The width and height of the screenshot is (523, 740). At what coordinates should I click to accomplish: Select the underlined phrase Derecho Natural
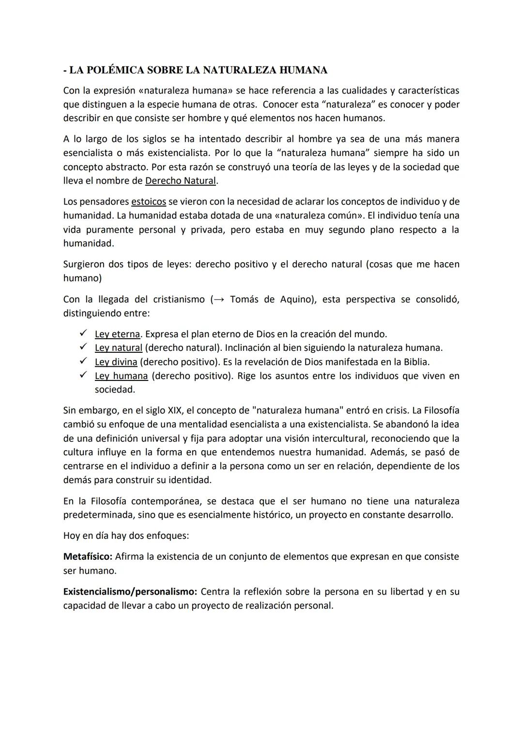pos(181,181)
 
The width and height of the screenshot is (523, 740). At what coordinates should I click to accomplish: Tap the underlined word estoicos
pos(149,202)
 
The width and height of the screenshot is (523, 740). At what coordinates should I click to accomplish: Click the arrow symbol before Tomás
pos(218,299)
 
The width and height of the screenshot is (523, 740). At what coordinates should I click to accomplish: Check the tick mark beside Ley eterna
pos(83,333)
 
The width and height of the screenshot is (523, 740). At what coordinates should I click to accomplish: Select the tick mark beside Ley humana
pos(83,376)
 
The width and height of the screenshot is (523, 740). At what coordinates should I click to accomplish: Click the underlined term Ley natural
pos(119,348)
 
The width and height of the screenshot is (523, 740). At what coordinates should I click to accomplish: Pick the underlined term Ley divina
pos(116,362)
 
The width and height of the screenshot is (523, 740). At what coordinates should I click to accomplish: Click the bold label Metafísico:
pos(88,557)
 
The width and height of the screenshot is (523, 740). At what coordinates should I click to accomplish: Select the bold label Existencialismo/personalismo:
pos(130,592)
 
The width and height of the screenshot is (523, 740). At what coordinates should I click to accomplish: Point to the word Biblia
pos(415,362)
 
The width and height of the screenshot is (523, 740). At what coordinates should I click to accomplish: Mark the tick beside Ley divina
pos(83,362)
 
